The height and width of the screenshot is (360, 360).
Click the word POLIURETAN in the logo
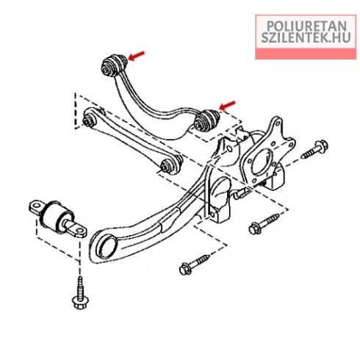(x=306, y=26)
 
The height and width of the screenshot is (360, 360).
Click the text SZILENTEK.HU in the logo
(x=306, y=37)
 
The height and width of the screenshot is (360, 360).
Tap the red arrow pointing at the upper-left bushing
(x=137, y=56)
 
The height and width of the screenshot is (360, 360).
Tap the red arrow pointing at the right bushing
(x=227, y=106)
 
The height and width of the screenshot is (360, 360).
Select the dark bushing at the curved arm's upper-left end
(x=114, y=65)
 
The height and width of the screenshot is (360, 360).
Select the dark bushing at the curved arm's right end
(x=207, y=120)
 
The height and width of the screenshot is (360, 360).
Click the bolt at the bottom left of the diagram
(x=80, y=292)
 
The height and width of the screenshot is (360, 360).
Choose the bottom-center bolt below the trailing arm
(x=195, y=264)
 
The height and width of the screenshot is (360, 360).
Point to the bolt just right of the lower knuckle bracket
(x=264, y=224)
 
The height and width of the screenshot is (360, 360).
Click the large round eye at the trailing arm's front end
(x=107, y=246)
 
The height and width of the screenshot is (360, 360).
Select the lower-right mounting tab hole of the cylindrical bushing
(x=79, y=231)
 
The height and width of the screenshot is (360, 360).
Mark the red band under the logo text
(x=306, y=54)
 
